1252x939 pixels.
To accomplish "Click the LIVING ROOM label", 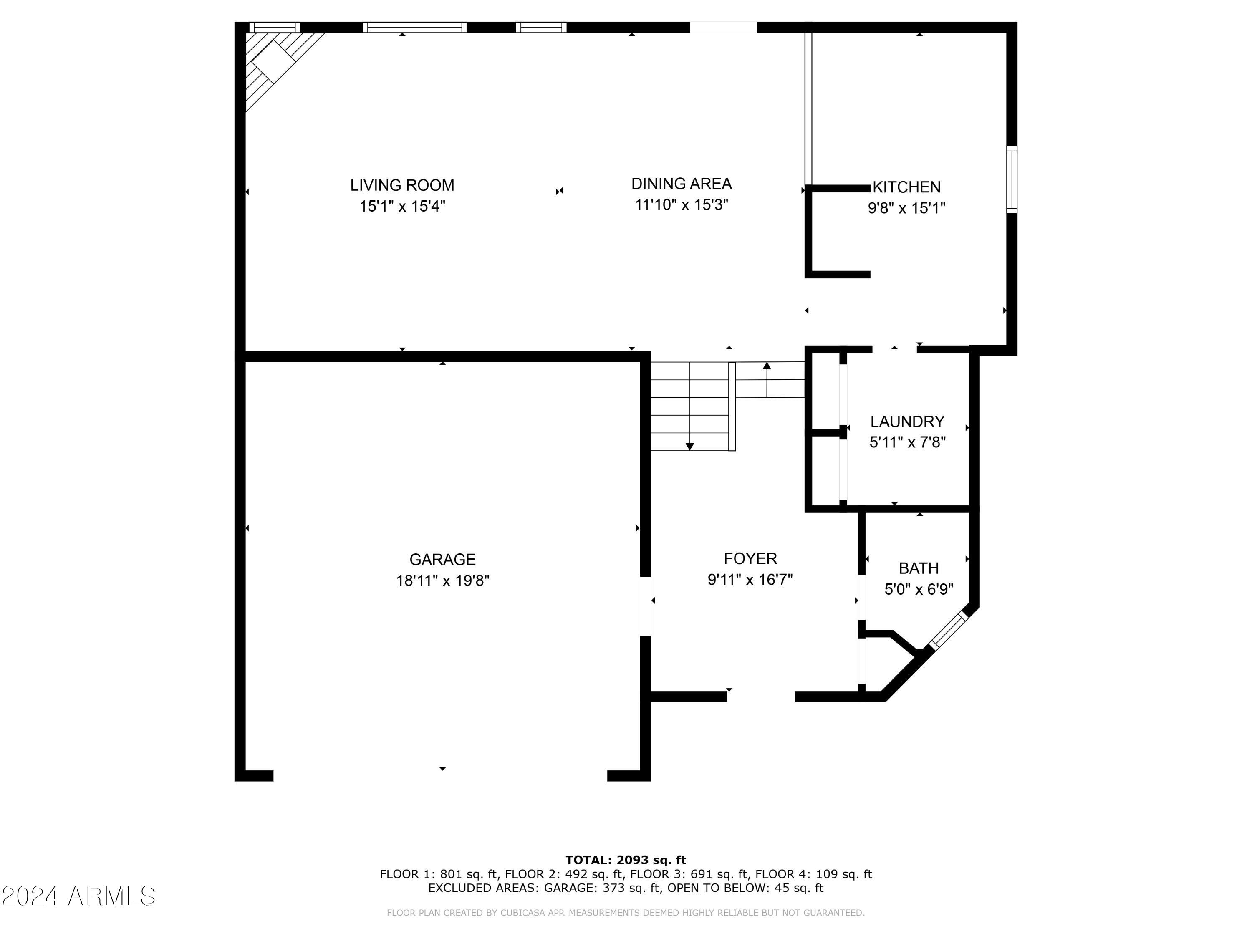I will pos(402,185).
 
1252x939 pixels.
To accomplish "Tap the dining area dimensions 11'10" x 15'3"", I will pos(681,205).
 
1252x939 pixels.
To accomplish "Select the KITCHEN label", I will pos(906,187).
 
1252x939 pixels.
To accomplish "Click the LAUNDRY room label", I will pos(907,421).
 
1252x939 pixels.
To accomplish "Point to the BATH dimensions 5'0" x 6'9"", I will pos(919,589).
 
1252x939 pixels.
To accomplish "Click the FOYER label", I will pos(750,559).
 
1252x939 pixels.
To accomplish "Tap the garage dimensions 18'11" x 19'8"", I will pos(442,581).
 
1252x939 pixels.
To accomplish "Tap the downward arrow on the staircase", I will pos(689,446).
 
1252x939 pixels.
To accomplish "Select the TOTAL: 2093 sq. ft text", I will pos(626,860).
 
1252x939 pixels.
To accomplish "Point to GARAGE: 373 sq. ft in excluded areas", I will pos(602,888).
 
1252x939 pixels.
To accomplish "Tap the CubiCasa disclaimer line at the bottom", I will pos(626,912).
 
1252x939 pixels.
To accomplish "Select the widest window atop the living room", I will pos(414,27).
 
